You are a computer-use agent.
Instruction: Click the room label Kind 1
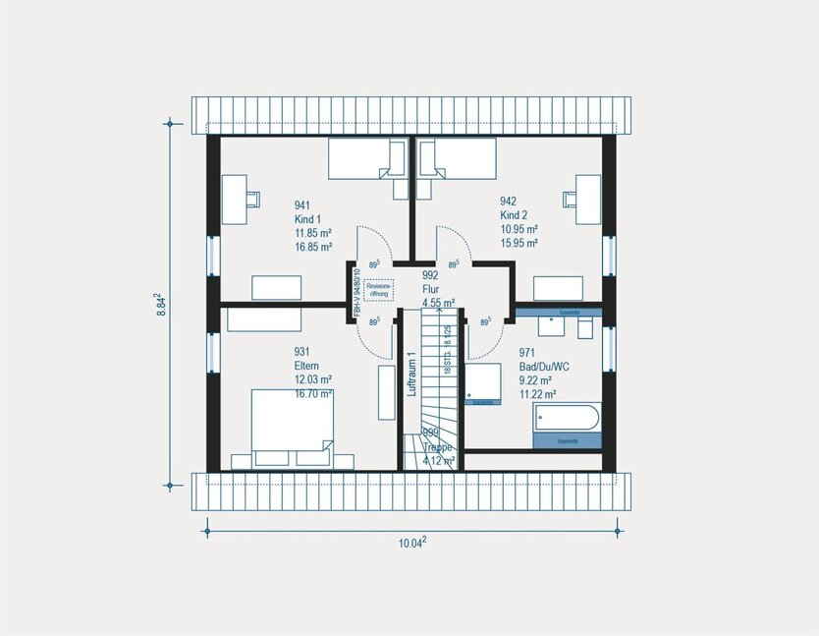(308, 219)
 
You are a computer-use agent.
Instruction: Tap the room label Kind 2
(514, 215)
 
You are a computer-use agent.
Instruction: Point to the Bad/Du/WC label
(543, 366)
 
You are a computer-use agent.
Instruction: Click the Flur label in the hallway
(430, 290)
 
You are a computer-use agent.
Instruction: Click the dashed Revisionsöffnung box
(378, 290)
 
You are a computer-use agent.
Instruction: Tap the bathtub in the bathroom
(565, 417)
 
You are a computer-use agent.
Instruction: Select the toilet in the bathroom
(585, 328)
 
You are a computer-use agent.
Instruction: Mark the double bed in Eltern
(292, 422)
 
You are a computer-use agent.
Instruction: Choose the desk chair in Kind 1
(253, 199)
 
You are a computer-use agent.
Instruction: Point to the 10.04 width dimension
(410, 544)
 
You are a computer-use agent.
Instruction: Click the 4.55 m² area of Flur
(438, 304)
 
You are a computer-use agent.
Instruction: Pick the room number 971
(527, 351)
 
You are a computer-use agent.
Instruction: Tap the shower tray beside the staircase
(483, 383)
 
